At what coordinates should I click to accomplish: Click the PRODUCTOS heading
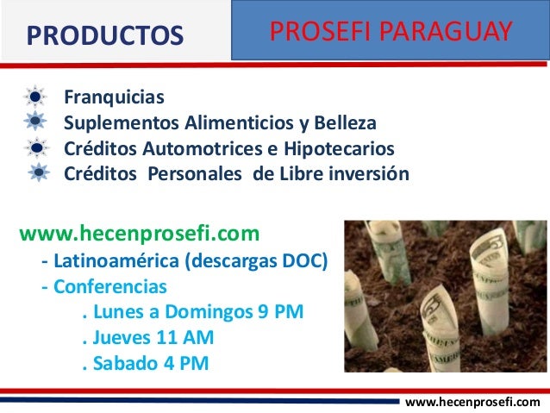[x=104, y=35]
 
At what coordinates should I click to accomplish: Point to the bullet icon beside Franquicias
[x=37, y=97]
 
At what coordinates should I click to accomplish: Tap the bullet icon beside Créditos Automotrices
[x=37, y=147]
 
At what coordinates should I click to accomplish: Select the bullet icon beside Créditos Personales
[x=37, y=172]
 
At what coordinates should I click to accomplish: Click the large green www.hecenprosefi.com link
[x=139, y=234]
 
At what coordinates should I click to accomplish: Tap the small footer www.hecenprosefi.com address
[x=472, y=402]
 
